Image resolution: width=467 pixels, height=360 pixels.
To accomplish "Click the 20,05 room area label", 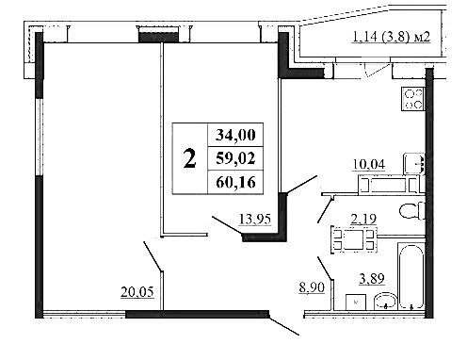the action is click(x=137, y=292).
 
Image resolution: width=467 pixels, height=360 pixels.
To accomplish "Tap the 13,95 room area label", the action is click(x=255, y=219).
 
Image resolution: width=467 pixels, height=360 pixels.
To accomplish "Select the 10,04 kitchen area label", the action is click(x=369, y=164).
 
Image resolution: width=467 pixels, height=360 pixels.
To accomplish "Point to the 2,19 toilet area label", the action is click(x=363, y=219).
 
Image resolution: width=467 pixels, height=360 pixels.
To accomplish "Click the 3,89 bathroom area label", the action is click(x=372, y=278).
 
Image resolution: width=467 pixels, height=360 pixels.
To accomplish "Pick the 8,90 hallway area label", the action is click(x=312, y=287).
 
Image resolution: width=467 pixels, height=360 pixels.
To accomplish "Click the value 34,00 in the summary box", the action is click(x=235, y=135).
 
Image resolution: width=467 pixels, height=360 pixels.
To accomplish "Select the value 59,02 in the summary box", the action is click(x=235, y=158).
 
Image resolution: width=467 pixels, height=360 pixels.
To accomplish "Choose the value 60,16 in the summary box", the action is click(x=235, y=182).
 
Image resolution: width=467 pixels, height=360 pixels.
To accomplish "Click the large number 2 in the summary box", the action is click(x=190, y=159).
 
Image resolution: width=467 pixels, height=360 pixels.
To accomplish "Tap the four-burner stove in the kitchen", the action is click(x=412, y=99).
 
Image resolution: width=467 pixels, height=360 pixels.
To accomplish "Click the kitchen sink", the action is click(x=414, y=164).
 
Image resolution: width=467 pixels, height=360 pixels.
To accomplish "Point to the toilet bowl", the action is click(x=412, y=210).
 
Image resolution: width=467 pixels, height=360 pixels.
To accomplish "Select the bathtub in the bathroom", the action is click(x=411, y=276).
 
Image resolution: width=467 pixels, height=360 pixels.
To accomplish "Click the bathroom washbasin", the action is click(x=385, y=302).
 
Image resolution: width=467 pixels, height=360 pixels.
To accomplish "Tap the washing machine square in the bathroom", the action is click(x=356, y=303).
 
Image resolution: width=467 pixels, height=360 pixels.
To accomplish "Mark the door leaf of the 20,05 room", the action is click(x=153, y=256).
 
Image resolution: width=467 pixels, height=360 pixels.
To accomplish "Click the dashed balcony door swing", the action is click(x=377, y=70).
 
